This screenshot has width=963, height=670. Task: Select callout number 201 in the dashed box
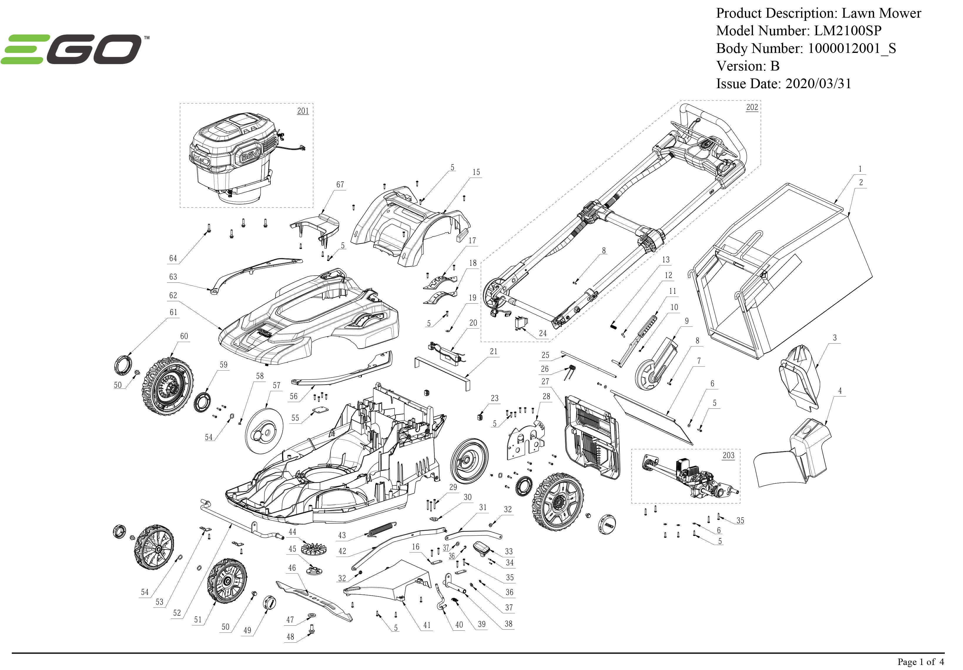[x=303, y=111]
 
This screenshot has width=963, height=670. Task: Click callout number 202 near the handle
[x=752, y=107]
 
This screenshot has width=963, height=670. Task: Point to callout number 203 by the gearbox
[x=728, y=455]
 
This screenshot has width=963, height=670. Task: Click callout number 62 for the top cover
[x=173, y=295]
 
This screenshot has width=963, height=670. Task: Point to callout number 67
[x=340, y=185]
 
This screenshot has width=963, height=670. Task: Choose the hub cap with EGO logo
[x=607, y=522]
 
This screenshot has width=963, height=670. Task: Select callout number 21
[x=494, y=351]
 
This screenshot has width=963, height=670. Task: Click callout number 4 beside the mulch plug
[x=840, y=391]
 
